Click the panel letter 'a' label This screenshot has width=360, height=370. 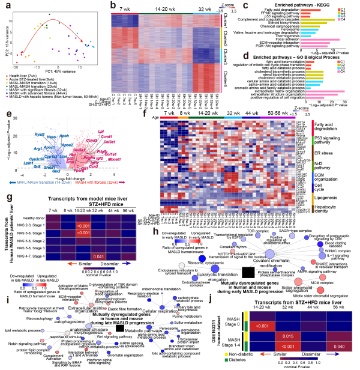pyautogui.click(x=4, y=4)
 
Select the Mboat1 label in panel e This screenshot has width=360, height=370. pyautogui.click(x=97, y=159)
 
